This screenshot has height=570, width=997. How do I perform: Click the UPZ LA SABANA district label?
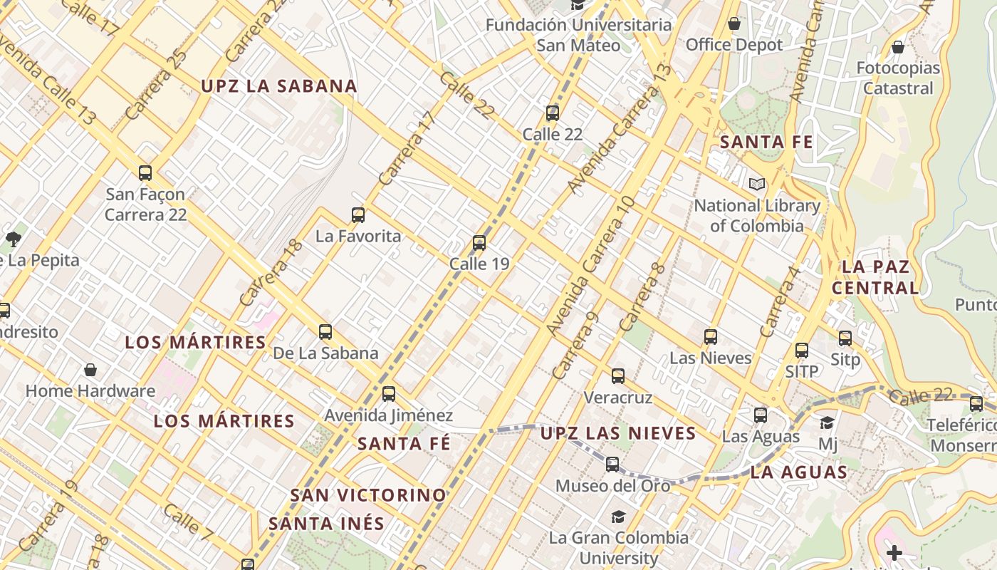[x=278, y=86]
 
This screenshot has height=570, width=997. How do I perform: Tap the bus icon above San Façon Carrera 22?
[x=145, y=172]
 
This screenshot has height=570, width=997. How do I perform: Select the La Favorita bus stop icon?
[x=358, y=214]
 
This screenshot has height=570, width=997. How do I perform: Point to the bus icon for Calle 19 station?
[x=479, y=243]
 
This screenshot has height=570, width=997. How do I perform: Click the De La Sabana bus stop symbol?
[x=325, y=331]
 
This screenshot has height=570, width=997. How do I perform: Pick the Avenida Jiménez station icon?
[x=389, y=393]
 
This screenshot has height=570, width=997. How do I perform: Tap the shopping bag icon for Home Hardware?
[x=90, y=370]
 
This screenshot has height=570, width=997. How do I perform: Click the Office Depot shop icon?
[x=734, y=24]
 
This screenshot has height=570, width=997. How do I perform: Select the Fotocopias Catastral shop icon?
[x=898, y=47]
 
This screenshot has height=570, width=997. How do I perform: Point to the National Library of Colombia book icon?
[x=757, y=185]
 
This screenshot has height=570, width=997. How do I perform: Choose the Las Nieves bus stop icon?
[x=711, y=336]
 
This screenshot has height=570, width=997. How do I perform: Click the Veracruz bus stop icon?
[x=618, y=375]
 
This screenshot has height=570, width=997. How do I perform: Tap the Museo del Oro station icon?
[x=612, y=465]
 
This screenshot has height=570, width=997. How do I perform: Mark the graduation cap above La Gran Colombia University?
[x=618, y=517]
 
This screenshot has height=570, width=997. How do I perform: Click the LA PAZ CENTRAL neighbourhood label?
[x=875, y=277]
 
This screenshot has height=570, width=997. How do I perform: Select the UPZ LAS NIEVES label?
[x=617, y=433]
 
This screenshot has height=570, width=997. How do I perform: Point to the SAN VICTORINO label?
[x=368, y=494]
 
